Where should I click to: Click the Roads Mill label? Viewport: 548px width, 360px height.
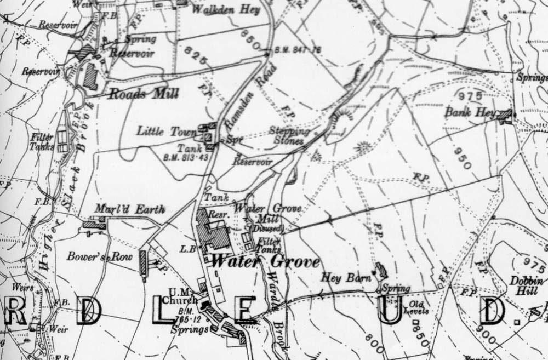click(143, 94)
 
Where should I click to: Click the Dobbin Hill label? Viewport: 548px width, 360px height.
click(527, 286)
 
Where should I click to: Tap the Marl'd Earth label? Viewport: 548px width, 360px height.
click(129, 209)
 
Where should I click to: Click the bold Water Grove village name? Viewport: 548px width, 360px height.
click(265, 262)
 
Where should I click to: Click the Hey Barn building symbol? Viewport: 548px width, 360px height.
click(380, 271)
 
